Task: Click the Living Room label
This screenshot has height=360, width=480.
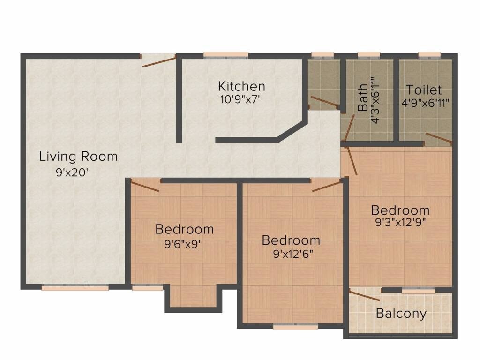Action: [x=78, y=157]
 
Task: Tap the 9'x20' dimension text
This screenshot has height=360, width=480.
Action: [x=72, y=172]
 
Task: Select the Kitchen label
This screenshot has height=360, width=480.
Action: [x=241, y=87]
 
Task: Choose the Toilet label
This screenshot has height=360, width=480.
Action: [x=424, y=90]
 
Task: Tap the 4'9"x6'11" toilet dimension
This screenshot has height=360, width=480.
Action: [x=426, y=102]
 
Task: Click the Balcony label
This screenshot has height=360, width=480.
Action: [x=401, y=314]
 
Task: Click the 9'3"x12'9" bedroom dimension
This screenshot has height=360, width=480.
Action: [x=400, y=223]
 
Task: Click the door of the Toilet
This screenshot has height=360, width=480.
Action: [x=439, y=138]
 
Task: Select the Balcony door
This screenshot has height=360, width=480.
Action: [x=364, y=295]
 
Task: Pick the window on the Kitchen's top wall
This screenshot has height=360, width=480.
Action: [x=226, y=55]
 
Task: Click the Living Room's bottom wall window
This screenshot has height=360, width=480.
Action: [x=75, y=288]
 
